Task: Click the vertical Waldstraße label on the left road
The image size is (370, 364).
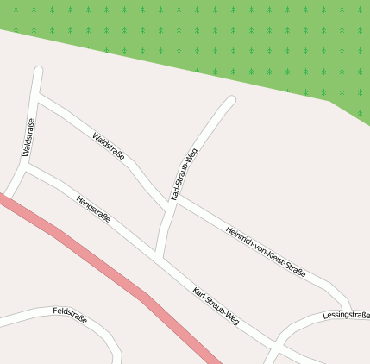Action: [x=28, y=138]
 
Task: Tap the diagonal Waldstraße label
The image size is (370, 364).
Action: [x=109, y=147]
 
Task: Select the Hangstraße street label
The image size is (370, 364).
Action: [x=93, y=209]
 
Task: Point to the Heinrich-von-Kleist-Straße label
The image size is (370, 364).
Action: [x=265, y=250]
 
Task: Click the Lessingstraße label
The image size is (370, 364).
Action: [x=346, y=316]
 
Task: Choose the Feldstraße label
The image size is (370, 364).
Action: [x=70, y=314]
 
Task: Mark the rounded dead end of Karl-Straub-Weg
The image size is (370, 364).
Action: [x=230, y=100]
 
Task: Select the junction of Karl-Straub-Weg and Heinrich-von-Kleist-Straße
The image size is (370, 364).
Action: [x=175, y=200]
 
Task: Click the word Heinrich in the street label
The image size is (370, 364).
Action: [x=239, y=236]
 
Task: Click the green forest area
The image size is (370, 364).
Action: [x=216, y=43]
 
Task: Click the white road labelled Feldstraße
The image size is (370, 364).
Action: [x=26, y=318]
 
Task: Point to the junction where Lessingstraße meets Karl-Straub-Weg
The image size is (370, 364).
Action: [x=274, y=345]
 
